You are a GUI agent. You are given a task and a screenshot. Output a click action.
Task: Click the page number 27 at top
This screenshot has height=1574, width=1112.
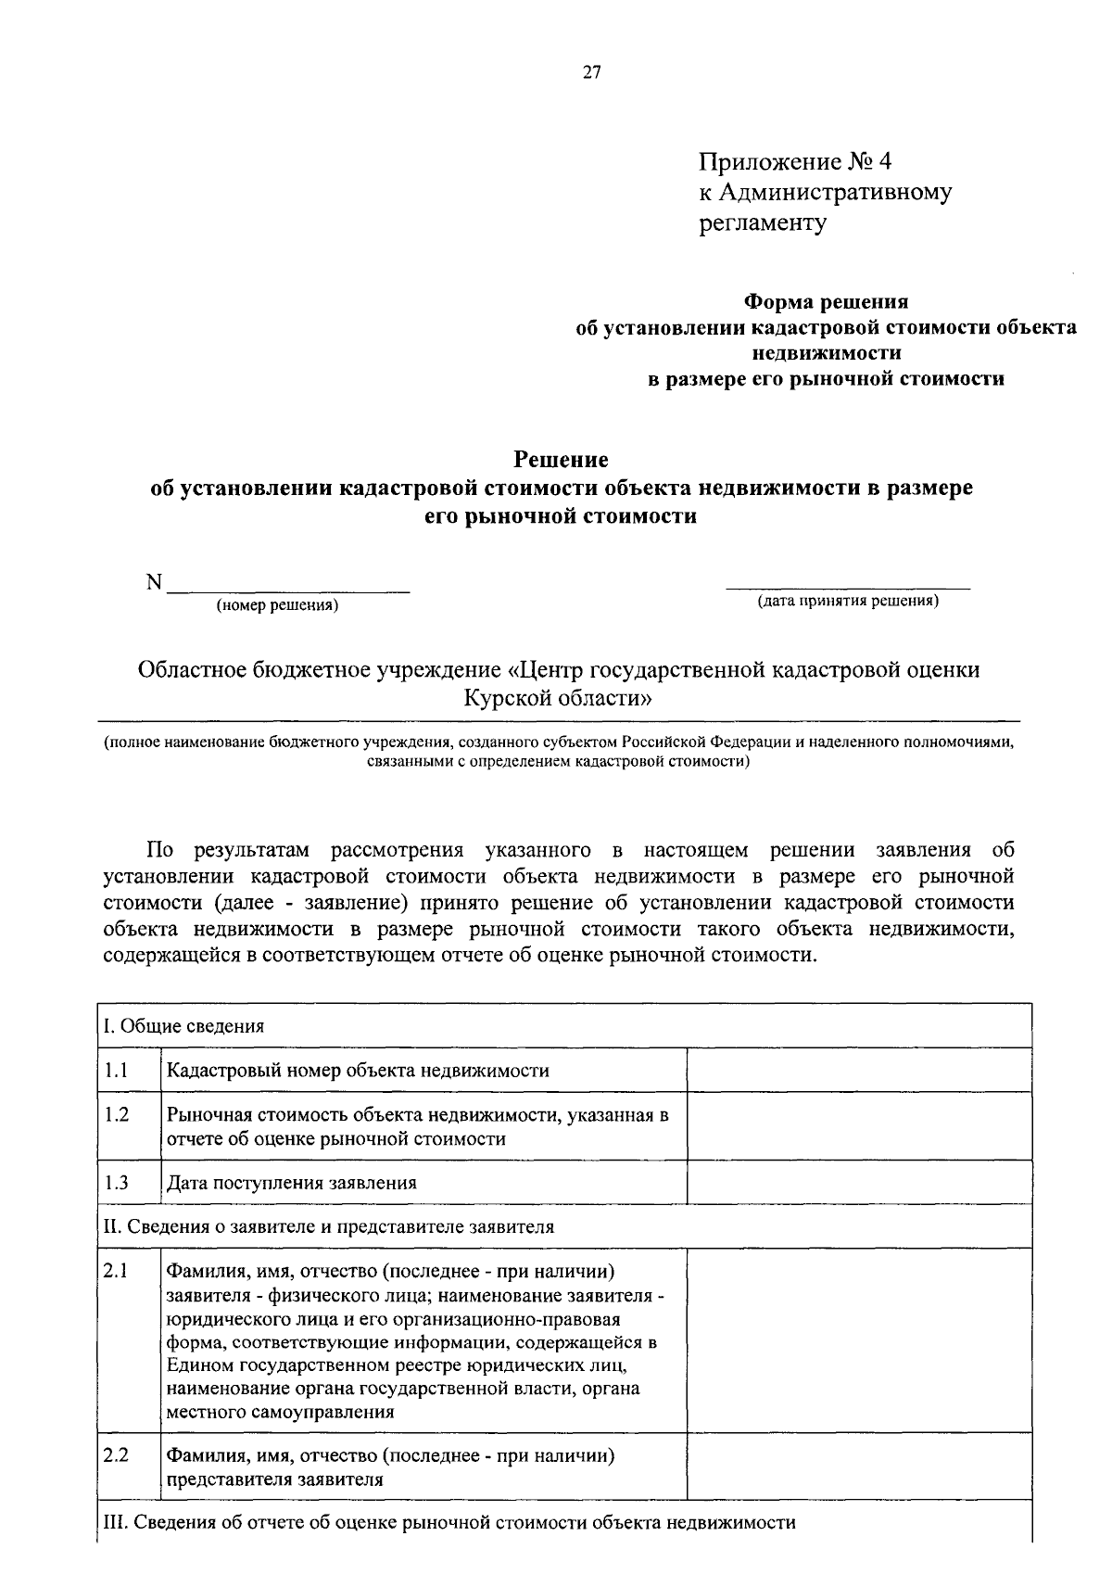[x=592, y=73]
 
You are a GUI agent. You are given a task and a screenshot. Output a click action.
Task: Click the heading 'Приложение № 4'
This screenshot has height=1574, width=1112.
[x=794, y=162]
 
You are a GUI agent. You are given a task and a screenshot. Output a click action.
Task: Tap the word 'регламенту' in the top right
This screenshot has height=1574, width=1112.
[x=762, y=222]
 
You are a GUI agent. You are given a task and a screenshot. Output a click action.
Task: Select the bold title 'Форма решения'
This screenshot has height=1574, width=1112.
[x=827, y=302]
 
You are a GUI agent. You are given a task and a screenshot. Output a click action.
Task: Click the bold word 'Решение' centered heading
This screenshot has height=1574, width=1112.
[x=562, y=460]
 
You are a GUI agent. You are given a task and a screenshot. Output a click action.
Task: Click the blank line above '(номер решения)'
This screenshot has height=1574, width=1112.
[x=287, y=586]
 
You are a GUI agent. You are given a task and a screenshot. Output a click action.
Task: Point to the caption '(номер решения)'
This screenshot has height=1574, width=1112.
[x=277, y=606]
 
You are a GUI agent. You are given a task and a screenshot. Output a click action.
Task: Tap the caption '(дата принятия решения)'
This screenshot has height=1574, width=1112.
[x=848, y=601]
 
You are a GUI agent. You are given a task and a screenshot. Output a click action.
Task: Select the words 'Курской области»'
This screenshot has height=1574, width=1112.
[x=559, y=696]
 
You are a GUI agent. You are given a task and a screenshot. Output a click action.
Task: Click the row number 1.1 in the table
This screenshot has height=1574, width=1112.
[x=117, y=1071]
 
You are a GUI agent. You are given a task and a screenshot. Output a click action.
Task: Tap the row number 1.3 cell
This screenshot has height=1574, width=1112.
[x=117, y=1183]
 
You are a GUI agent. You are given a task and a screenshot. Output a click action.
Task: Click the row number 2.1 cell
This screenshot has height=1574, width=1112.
[x=117, y=1271]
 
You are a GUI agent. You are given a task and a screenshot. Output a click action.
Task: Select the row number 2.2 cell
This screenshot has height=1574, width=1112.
[x=117, y=1455]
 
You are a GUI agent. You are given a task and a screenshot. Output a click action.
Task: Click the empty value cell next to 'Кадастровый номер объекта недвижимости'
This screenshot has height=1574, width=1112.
[x=859, y=1071]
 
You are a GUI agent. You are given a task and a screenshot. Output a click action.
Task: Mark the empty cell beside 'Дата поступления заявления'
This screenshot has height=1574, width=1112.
[x=859, y=1183]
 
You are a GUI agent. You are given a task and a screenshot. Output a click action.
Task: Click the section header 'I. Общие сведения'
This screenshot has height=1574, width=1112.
[x=183, y=1026]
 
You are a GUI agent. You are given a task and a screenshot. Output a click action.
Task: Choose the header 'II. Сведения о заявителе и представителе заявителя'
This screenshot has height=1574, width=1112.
[x=329, y=1226]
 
